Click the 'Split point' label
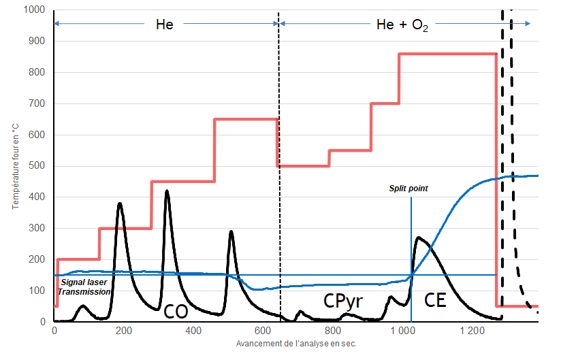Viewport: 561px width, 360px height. [409, 187]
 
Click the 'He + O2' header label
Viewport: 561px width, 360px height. [402, 25]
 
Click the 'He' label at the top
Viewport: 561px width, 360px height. [164, 24]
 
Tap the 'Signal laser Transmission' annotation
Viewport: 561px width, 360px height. [84, 287]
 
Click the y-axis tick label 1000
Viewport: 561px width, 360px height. [33, 10]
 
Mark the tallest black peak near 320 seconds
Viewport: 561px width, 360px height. [166, 191]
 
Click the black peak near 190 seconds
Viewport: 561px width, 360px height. [120, 203]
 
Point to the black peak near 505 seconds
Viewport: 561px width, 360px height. [231, 231]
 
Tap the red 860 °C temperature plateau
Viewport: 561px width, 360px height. [447, 54]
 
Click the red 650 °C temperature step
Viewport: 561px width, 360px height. [246, 119]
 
